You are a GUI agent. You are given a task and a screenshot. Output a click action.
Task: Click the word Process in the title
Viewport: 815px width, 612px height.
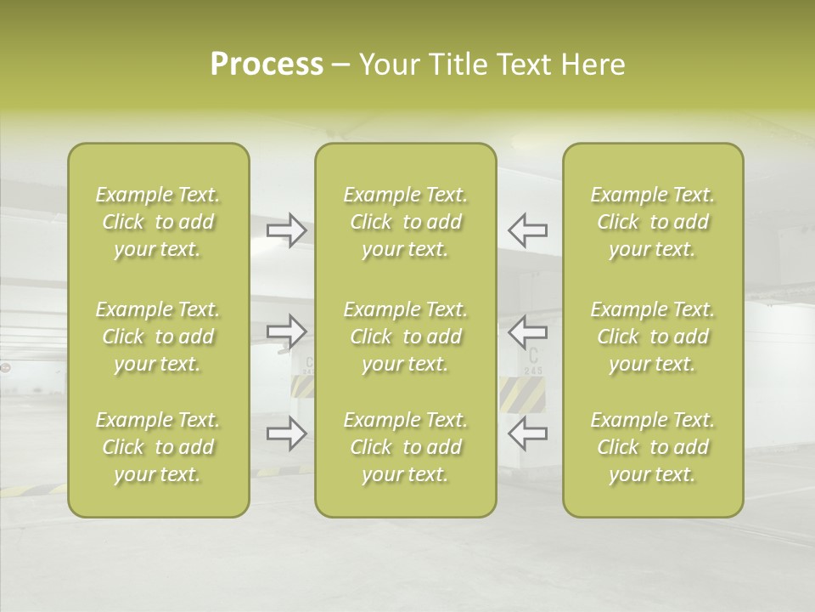click(x=267, y=65)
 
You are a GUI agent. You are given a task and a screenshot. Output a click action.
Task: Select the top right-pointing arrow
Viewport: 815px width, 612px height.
click(x=287, y=230)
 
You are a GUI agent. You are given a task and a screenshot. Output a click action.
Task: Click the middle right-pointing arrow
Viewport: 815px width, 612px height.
click(x=287, y=331)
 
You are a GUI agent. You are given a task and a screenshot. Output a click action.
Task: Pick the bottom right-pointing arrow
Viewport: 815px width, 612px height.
click(x=287, y=434)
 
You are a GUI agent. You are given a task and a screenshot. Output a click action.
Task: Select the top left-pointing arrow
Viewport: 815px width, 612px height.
click(x=528, y=230)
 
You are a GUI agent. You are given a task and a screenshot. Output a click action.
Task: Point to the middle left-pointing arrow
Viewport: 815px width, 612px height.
click(x=528, y=331)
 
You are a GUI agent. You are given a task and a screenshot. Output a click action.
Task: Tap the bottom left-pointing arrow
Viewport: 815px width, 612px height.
click(x=528, y=434)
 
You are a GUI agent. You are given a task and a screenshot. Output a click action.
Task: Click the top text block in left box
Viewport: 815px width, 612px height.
click(x=158, y=222)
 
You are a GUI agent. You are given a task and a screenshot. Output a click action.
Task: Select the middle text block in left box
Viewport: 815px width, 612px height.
click(x=158, y=337)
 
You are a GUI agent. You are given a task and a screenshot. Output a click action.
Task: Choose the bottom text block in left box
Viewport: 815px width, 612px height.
click(x=158, y=447)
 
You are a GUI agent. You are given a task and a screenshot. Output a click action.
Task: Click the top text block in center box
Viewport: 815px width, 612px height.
click(x=406, y=222)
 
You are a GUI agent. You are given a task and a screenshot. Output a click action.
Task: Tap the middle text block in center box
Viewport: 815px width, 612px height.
click(x=406, y=337)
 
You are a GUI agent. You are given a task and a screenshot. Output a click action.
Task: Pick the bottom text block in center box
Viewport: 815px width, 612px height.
click(x=406, y=447)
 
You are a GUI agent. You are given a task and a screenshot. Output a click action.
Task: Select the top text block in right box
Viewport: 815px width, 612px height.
click(x=653, y=222)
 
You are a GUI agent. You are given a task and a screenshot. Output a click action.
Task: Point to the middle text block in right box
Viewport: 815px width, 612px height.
click(x=653, y=337)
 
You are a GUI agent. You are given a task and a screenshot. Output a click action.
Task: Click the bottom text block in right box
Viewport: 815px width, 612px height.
click(x=653, y=447)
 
